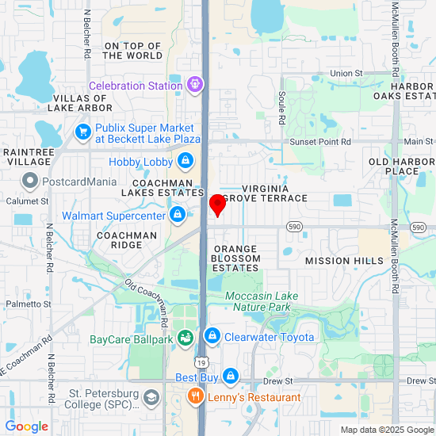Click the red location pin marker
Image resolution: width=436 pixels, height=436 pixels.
(216, 204)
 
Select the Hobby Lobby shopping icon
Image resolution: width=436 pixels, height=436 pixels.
(185, 162)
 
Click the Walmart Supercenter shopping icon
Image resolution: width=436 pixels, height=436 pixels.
(178, 215)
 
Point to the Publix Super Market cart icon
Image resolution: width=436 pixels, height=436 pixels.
(82, 132)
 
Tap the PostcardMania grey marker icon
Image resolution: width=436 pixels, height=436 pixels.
(30, 182)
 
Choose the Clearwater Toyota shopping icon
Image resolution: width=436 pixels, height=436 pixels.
(212, 337)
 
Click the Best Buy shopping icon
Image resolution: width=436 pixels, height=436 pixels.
(230, 377)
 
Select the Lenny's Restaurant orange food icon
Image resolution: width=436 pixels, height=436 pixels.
(193, 396)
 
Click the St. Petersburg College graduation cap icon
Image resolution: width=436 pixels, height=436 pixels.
(150, 396)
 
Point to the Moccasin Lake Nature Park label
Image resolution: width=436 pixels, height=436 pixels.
(262, 301)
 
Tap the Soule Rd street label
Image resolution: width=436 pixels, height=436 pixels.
(281, 107)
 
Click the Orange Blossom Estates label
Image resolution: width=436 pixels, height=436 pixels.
(235, 258)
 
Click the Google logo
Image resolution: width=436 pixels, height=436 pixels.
(26, 426)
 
